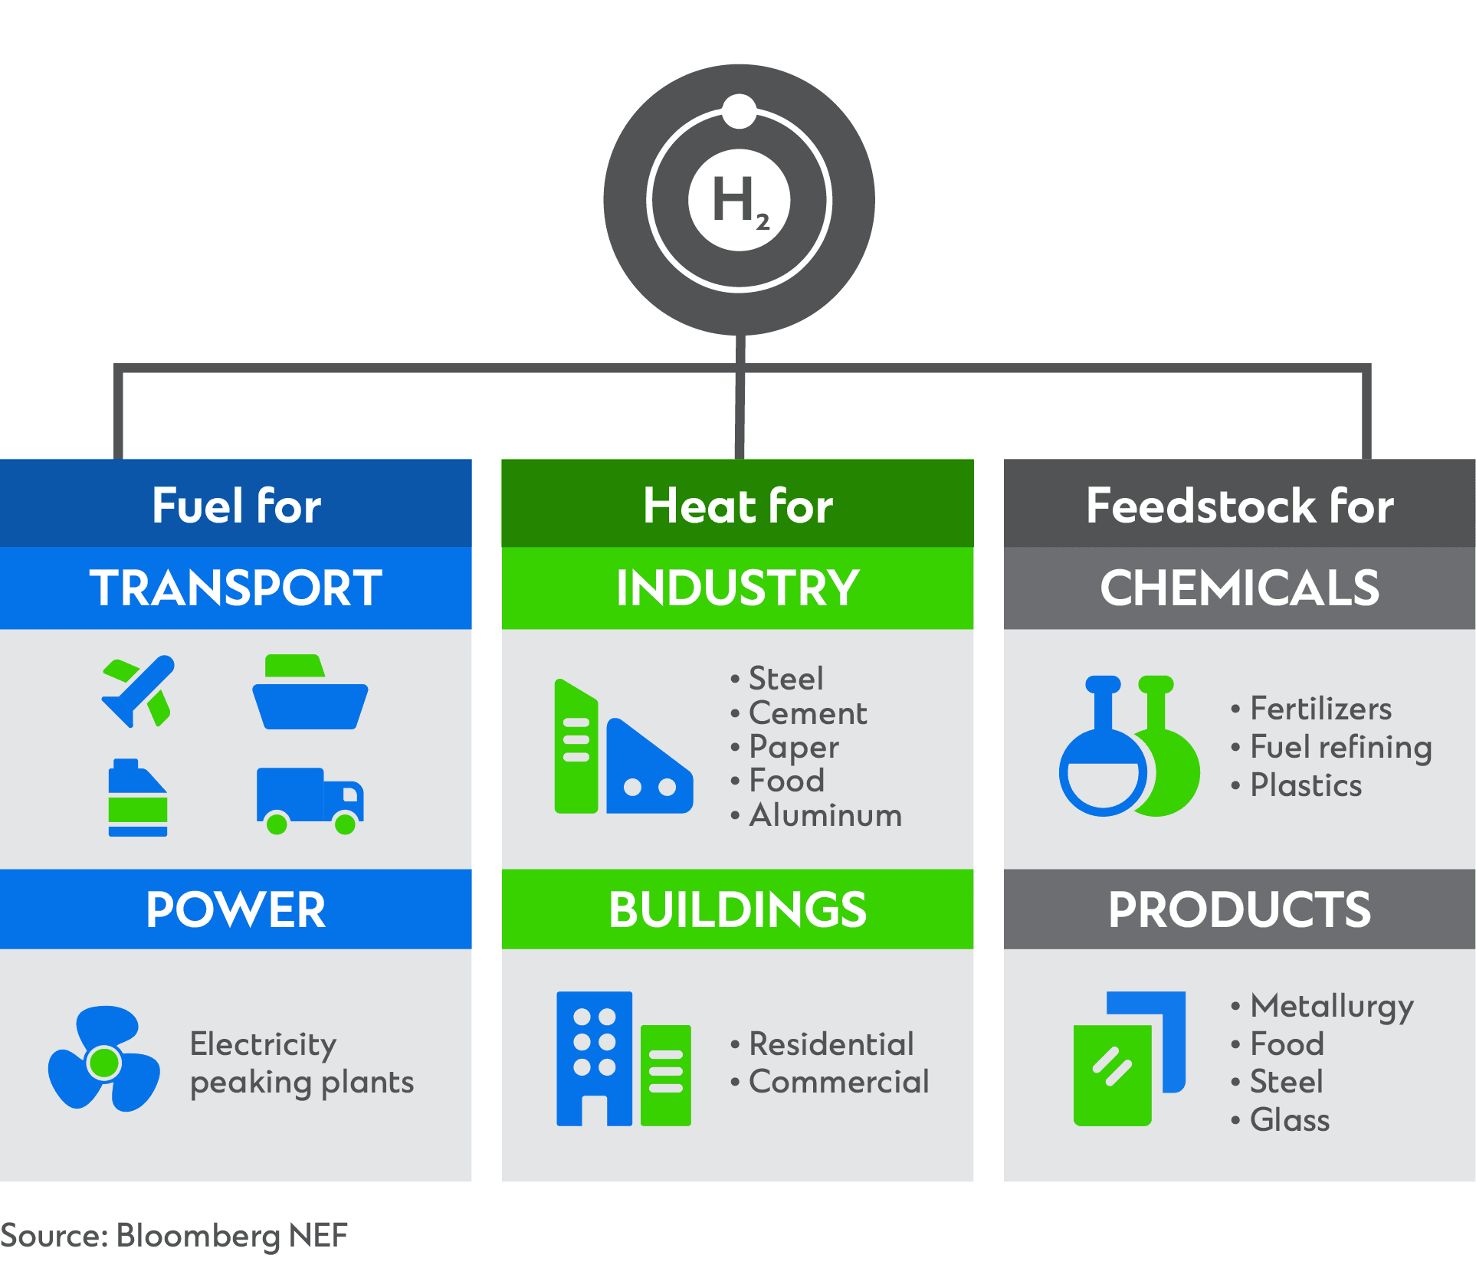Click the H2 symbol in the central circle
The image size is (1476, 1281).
click(x=740, y=201)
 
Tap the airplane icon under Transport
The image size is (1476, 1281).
click(x=139, y=691)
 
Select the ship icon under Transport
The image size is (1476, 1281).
click(x=310, y=692)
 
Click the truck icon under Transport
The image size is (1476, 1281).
click(x=310, y=801)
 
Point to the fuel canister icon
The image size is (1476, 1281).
click(x=138, y=798)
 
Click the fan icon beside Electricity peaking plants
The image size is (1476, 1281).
click(x=104, y=1060)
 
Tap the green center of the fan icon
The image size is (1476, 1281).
click(x=104, y=1063)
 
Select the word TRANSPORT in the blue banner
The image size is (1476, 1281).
click(x=236, y=588)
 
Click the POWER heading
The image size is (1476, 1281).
click(x=236, y=910)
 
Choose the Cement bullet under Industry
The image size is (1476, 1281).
click(x=799, y=713)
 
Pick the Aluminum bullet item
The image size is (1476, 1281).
click(x=816, y=815)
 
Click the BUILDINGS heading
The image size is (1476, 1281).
click(x=737, y=910)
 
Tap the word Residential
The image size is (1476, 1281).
click(x=831, y=1044)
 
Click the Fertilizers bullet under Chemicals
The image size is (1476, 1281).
click(x=1312, y=709)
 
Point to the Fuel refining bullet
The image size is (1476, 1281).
click(x=1332, y=748)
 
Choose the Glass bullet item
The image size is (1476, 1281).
click(x=1281, y=1120)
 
